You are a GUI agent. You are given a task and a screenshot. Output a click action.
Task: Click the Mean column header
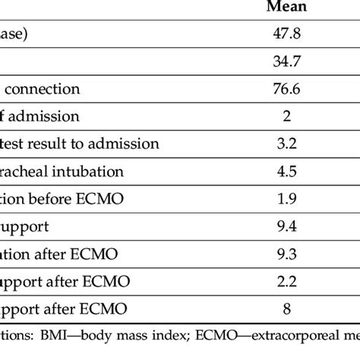(286, 8)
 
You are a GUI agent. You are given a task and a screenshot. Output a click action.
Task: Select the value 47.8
(286, 35)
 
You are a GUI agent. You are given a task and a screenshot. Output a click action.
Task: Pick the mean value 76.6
(286, 90)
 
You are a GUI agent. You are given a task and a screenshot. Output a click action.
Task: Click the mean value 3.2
(286, 144)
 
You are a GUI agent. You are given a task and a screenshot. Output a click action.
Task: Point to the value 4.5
(286, 172)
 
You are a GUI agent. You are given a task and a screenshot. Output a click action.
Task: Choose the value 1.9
(286, 199)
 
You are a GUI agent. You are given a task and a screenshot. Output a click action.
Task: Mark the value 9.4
(286, 226)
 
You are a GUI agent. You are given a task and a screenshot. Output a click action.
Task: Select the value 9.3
(286, 254)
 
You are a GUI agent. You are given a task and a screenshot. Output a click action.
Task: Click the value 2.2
(286, 281)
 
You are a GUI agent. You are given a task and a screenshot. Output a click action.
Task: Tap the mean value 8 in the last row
(286, 308)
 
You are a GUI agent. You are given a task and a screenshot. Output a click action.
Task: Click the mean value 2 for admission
(286, 117)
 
